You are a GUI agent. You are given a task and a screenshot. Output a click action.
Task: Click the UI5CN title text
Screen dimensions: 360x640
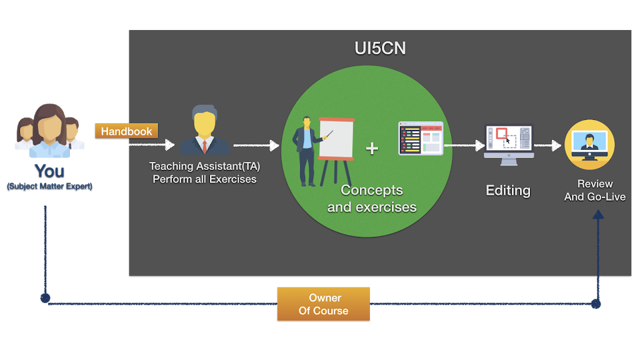(x=380, y=48)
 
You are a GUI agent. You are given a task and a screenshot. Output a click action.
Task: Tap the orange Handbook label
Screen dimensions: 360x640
(x=126, y=131)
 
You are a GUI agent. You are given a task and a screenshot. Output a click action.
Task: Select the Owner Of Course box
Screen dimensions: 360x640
(x=323, y=304)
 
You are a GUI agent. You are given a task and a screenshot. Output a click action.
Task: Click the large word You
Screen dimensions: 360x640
(x=49, y=170)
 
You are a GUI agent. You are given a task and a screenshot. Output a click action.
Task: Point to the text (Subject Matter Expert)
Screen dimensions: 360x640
(x=49, y=186)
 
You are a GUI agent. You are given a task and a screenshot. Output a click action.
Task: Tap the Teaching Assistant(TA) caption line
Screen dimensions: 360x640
(x=204, y=166)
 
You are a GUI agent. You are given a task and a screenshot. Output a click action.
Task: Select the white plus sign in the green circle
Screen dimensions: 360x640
(x=372, y=148)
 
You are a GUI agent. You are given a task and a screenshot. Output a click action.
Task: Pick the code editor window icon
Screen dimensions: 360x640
(x=421, y=138)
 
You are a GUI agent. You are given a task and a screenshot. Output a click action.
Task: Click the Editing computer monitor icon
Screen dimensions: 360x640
(x=508, y=144)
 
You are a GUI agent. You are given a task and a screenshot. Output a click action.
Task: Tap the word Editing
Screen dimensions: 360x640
(x=508, y=191)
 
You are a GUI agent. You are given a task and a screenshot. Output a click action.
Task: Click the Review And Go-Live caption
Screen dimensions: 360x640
(x=594, y=190)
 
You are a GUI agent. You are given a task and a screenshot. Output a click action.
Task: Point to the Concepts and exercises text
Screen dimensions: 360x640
(x=372, y=198)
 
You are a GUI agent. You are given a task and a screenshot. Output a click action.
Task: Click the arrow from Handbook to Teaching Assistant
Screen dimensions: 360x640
(x=132, y=146)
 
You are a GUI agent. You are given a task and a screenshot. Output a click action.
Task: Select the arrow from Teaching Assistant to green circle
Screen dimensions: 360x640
(x=256, y=146)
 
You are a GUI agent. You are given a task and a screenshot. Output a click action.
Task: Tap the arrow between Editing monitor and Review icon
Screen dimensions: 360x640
(x=547, y=146)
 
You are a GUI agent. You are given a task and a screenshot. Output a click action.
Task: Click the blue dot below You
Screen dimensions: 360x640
(x=45, y=298)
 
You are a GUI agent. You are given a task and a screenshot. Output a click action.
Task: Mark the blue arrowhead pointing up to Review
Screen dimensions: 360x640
(x=598, y=214)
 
